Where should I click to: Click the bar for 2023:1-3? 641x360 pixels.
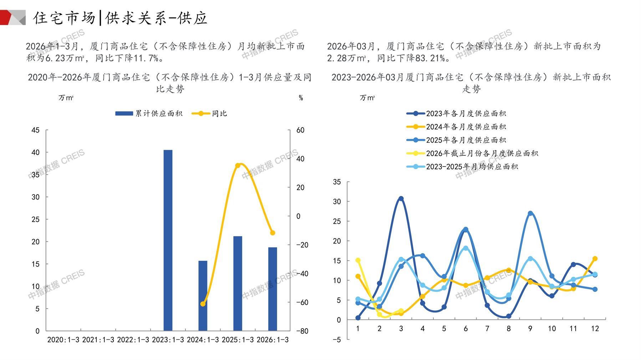[168, 240]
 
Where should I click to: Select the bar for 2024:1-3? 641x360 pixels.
[203, 295]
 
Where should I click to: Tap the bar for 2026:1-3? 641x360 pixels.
[273, 289]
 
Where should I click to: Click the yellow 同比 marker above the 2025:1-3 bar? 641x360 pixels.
[238, 165]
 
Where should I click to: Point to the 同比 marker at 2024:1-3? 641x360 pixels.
[203, 304]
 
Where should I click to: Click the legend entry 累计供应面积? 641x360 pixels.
[149, 114]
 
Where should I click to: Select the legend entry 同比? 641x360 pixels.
[209, 114]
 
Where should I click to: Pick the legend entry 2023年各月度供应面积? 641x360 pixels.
[456, 114]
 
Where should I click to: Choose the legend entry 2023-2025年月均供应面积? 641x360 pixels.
[462, 167]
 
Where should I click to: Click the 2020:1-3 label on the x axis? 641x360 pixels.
[63, 340]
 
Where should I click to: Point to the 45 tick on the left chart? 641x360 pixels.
[35, 130]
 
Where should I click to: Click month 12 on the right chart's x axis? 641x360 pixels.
[595, 329]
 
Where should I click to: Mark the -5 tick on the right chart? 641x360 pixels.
[336, 340]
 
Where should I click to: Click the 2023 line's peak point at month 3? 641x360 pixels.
[401, 199]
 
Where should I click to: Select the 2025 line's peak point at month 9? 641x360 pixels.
[530, 214]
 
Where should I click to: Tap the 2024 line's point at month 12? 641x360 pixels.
[595, 259]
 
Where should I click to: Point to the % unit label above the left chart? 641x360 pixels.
[301, 98]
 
